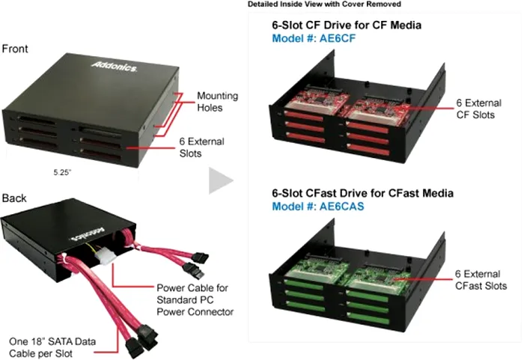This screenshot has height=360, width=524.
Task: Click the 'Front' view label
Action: tap(15, 49)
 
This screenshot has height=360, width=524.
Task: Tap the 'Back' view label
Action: tap(14, 198)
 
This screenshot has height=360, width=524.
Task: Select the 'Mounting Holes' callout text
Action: tap(217, 103)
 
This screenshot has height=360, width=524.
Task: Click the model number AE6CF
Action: tap(313, 40)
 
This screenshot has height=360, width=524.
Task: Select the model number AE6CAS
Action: tap(316, 207)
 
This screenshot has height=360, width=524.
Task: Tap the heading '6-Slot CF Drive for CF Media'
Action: tap(346, 25)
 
